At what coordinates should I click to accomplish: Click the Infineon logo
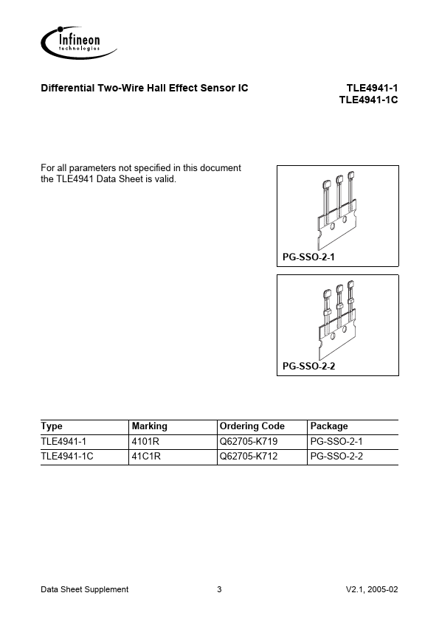coord(78,43)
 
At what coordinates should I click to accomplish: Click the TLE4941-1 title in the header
coord(372,88)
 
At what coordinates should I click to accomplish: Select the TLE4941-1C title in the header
coord(368,100)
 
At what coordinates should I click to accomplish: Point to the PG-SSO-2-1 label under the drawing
coord(308,257)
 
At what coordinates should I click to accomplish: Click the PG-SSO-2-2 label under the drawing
coord(308,366)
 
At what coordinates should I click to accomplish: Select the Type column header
coord(52,426)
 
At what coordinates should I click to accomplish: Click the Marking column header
coord(149,426)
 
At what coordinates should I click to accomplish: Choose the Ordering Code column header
coord(252,426)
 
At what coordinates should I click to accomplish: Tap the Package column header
coord(329,426)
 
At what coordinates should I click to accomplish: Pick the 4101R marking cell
coord(145,441)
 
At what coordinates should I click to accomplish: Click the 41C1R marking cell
coord(146,457)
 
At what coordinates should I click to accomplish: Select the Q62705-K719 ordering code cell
coord(249,441)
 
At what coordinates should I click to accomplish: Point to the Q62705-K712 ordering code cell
coord(249,457)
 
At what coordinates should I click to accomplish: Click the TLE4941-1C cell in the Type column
coord(67,457)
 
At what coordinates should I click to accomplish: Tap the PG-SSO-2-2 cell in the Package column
coord(336,457)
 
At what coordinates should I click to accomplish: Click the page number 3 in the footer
coord(219,589)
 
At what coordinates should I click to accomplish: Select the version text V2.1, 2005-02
coord(372,589)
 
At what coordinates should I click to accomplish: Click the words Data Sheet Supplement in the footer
coord(84,590)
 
